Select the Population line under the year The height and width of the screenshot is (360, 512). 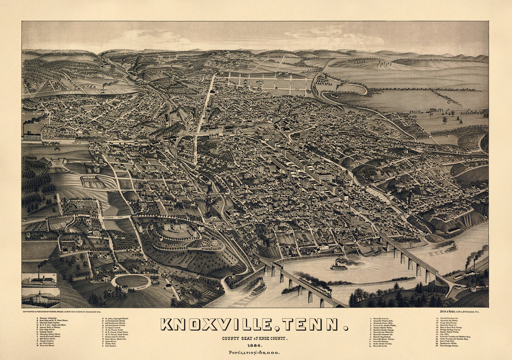254,353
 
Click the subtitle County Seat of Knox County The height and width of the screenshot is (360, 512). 254,338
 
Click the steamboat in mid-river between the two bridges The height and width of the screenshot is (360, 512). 339,267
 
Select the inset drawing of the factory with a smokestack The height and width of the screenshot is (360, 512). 40,280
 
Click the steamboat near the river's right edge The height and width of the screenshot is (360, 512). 451,248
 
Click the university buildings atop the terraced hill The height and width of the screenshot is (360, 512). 179,227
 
